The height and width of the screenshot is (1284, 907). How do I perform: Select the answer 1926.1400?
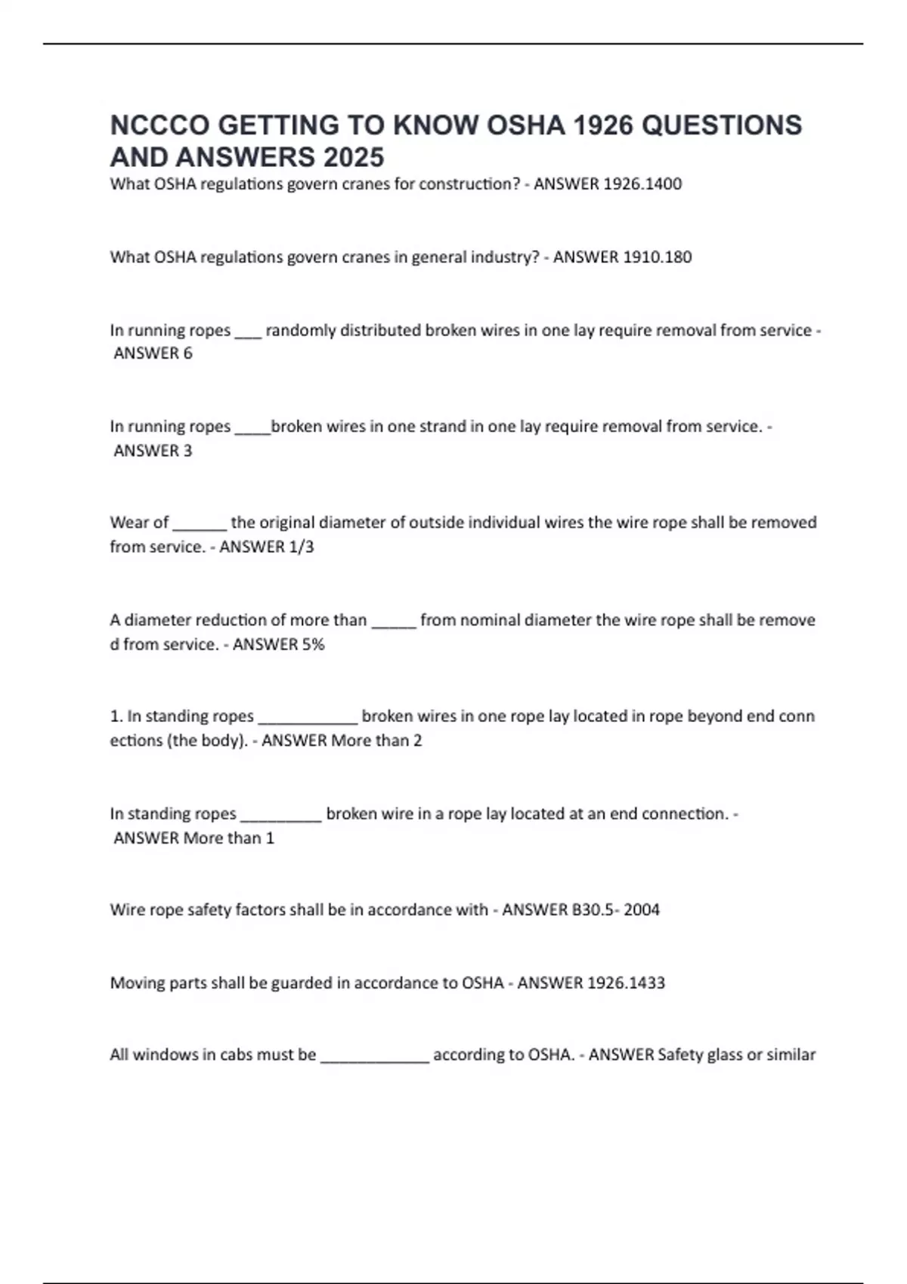point(643,184)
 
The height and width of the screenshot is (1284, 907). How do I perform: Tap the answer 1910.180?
point(657,257)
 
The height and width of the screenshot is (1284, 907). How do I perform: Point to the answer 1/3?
point(301,547)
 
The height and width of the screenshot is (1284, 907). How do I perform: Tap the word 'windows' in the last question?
point(165,1054)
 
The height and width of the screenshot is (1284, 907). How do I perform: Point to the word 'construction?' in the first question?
point(469,184)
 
